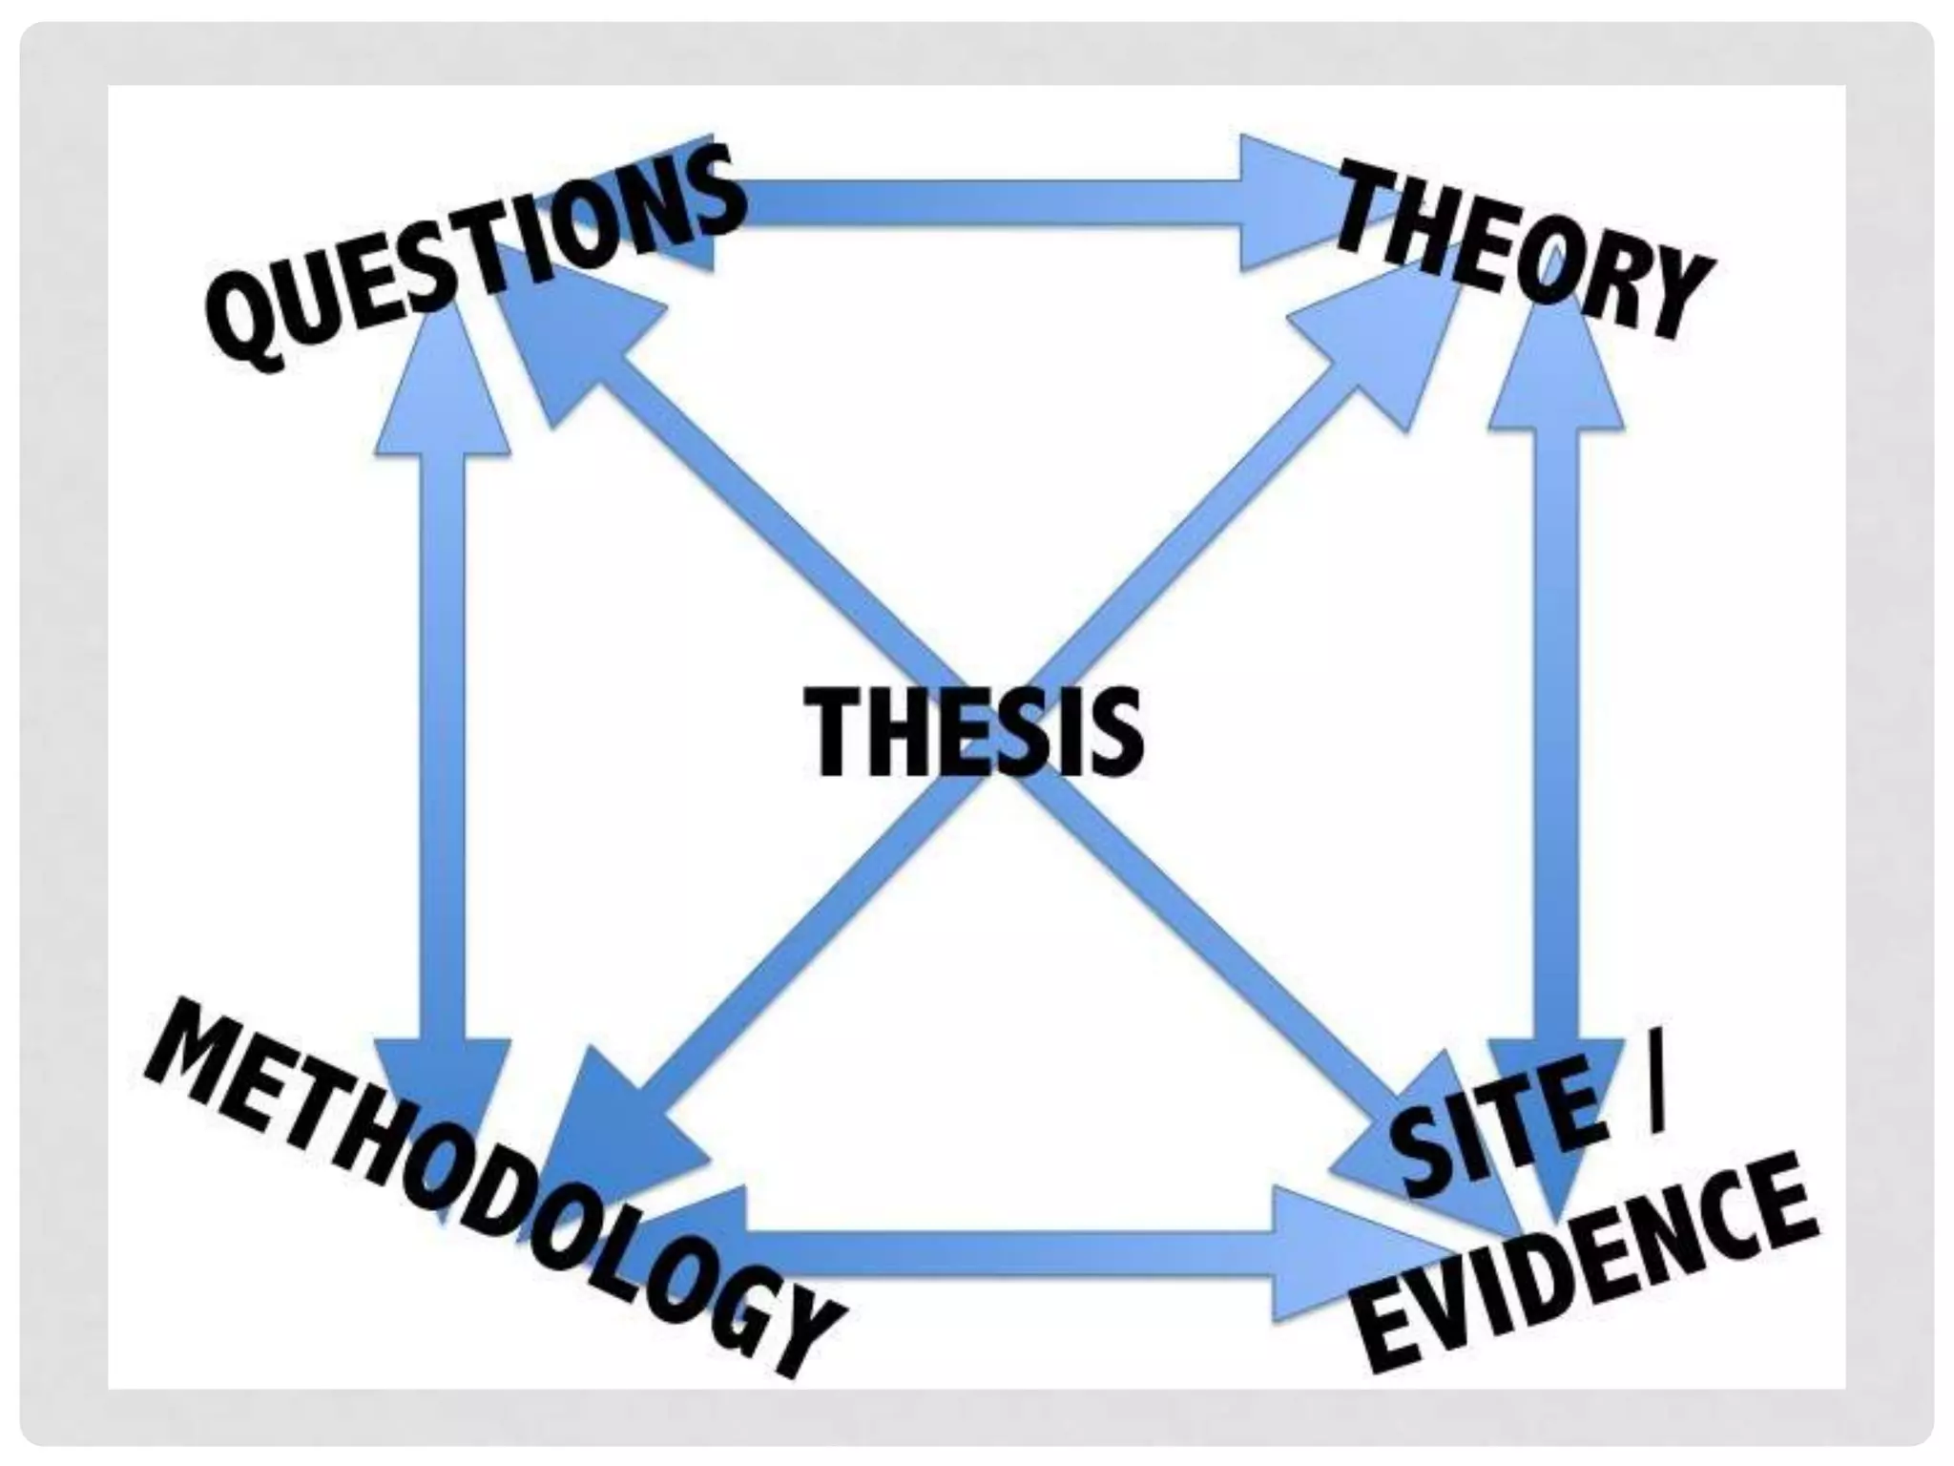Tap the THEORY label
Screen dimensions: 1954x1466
[1521, 250]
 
